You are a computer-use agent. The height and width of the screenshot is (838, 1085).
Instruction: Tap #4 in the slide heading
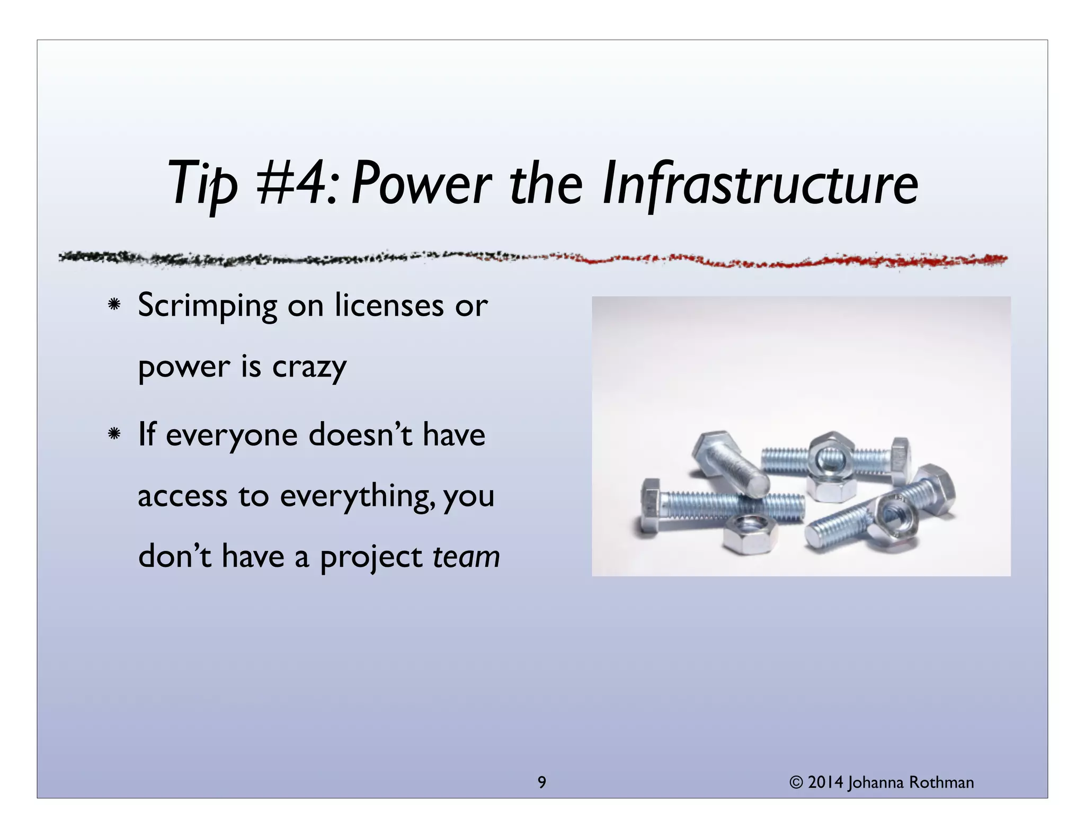294,184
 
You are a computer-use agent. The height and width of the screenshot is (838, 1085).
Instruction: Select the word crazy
309,367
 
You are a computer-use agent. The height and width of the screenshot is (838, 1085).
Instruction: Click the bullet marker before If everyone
113,435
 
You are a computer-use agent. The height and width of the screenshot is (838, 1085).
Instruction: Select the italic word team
466,557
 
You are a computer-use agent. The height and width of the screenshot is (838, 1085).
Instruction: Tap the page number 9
541,782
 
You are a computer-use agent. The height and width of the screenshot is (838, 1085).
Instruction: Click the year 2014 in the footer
825,782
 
